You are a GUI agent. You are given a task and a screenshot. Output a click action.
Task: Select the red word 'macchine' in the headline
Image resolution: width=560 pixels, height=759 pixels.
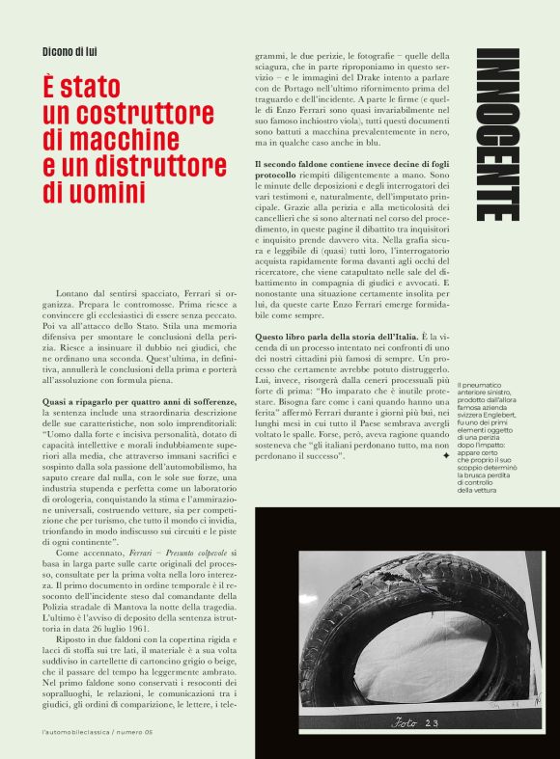pyautogui.click(x=133, y=141)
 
